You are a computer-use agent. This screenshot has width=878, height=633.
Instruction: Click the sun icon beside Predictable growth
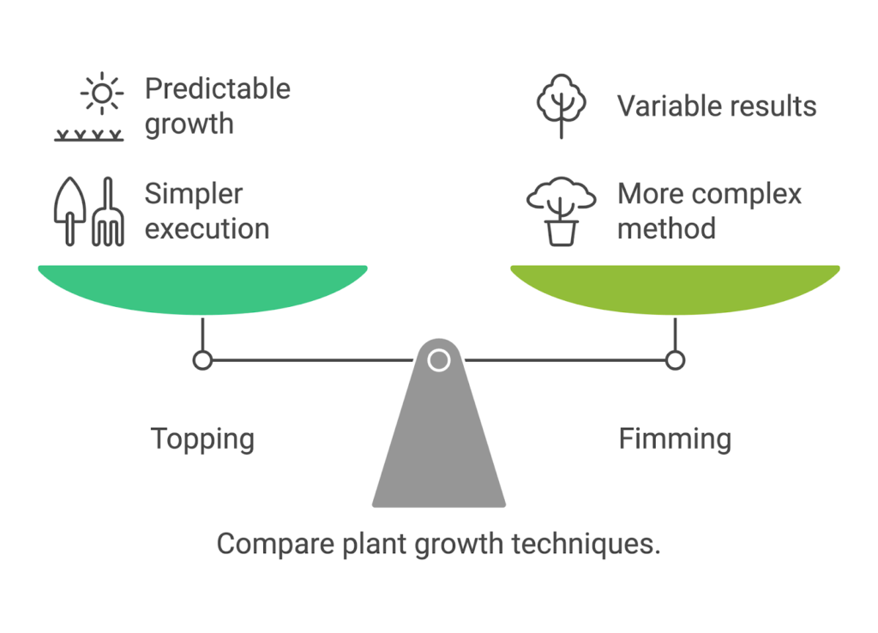click(102, 92)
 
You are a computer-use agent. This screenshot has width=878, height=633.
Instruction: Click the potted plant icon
click(562, 210)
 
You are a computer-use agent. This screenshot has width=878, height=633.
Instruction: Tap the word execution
click(206, 229)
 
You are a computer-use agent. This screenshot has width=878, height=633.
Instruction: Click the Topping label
click(202, 439)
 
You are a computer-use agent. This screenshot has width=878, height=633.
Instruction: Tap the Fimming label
click(675, 439)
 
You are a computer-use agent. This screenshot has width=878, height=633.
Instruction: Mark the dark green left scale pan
click(202, 287)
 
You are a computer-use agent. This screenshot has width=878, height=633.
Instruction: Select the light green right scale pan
click(675, 287)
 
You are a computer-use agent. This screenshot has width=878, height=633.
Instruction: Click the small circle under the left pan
click(202, 360)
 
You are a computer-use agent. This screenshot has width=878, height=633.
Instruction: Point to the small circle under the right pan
click(675, 360)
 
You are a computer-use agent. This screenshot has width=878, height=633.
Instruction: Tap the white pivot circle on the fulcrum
click(438, 360)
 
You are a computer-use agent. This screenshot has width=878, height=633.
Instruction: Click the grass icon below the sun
click(88, 135)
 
